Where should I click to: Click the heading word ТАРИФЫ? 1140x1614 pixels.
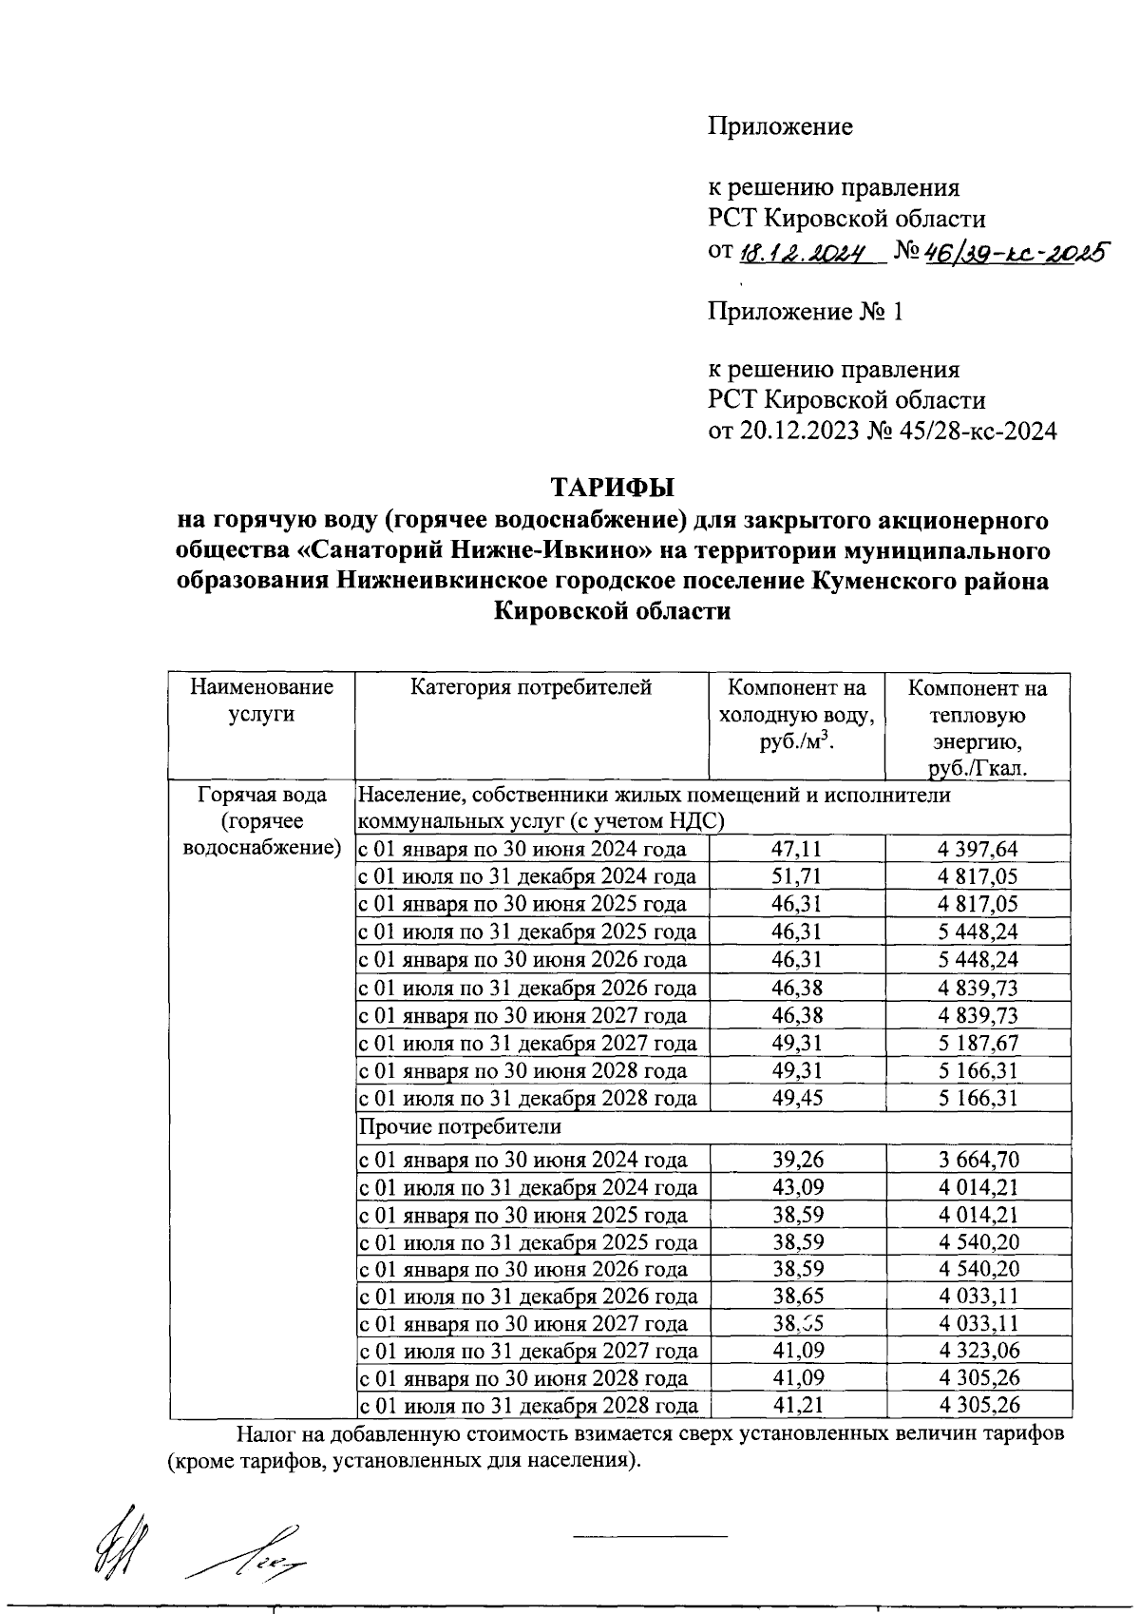613,489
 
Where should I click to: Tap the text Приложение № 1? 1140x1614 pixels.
805,312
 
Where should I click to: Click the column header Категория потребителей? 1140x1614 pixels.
531,687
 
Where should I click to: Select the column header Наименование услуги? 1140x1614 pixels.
261,701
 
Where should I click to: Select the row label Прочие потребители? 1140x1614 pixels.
460,1127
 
